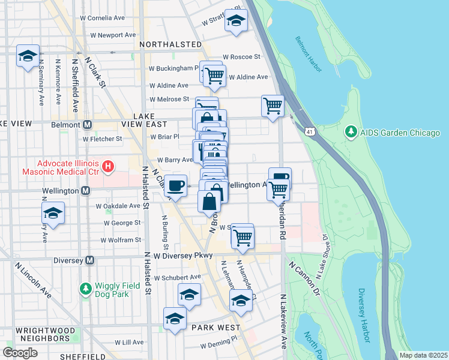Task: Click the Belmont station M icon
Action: point(87,124)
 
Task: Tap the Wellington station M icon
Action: point(85,190)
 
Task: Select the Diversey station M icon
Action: point(89,260)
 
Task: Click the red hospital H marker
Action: point(108,166)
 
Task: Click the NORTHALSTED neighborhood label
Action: point(170,44)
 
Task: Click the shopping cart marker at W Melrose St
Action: point(273,106)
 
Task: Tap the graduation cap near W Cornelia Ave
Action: point(236,21)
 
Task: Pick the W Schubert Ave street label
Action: point(177,278)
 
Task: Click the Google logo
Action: point(20,352)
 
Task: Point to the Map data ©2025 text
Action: point(423,355)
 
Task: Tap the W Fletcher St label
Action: point(102,139)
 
